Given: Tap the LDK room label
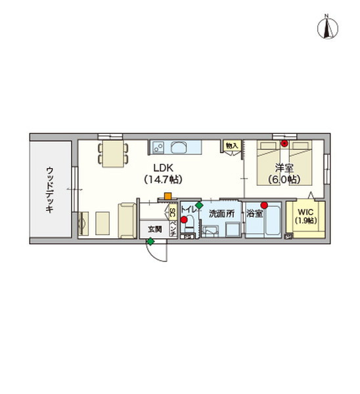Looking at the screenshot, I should tap(163, 167).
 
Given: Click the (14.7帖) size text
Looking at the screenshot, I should tap(163, 179).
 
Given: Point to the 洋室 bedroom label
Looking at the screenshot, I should tap(284, 167).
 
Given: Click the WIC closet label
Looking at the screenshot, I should tap(306, 212).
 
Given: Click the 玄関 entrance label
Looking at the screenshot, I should tap(154, 229).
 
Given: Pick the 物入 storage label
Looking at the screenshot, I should tap(231, 145).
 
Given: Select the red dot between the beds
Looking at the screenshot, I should tap(284, 142).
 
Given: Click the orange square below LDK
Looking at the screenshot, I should tap(168, 195).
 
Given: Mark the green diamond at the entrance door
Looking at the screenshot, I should tap(150, 242).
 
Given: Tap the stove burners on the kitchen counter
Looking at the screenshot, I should tap(158, 146).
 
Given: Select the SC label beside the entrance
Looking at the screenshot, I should tap(173, 212).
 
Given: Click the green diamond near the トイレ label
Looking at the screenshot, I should tap(199, 206).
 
